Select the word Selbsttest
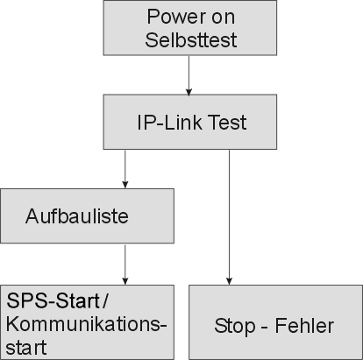tap(191, 39)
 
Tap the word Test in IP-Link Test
tap(228, 122)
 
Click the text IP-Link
tap(169, 122)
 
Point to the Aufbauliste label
tap(77, 216)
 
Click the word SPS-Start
tap(53, 300)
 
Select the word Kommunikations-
tap(86, 324)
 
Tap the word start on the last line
tap(26, 347)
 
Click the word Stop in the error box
tap(235, 326)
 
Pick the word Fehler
tap(304, 326)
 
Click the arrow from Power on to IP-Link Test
tap(189, 75)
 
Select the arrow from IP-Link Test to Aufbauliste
tap(125, 169)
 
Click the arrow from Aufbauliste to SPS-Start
tap(125, 265)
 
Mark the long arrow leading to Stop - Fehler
tap(229, 217)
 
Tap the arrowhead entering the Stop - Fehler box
tap(229, 281)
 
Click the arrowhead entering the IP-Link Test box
tap(189, 92)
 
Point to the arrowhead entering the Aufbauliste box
tap(125, 185)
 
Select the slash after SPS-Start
tap(105, 300)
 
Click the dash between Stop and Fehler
tap(264, 328)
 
